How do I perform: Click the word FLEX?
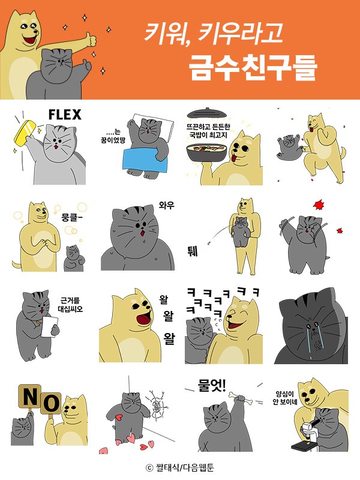coord(64,114)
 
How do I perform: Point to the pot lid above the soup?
coord(205,113)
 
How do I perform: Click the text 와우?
coord(166,205)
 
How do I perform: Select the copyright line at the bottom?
coord(180,467)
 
